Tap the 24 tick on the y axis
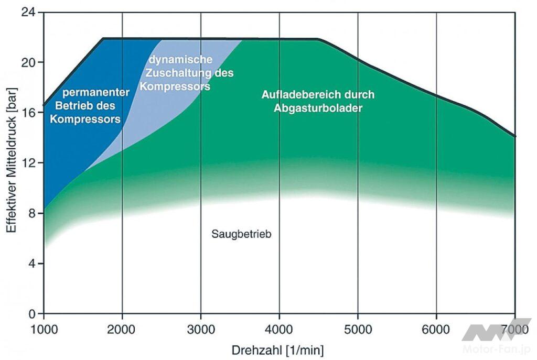(x=29, y=13)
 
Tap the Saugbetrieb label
(x=242, y=234)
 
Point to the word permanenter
(x=96, y=93)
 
